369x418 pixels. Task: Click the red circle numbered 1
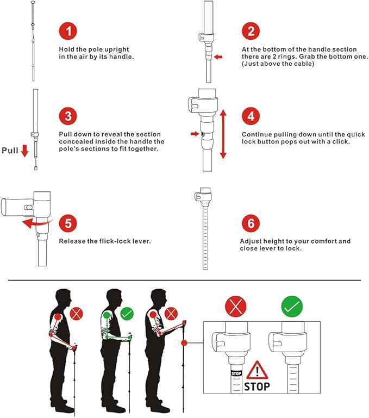click(68, 31)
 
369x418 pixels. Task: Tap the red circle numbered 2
click(251, 31)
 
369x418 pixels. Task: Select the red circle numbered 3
click(68, 116)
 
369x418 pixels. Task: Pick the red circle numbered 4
click(251, 116)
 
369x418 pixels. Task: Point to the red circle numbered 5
click(68, 223)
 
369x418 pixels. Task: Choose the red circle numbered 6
click(251, 223)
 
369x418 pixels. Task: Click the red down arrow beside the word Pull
click(25, 151)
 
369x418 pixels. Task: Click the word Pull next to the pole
click(10, 151)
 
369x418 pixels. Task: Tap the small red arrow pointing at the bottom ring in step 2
click(218, 57)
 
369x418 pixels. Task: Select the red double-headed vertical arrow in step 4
click(223, 134)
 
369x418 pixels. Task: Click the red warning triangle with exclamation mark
click(257, 370)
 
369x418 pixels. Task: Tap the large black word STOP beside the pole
click(257, 386)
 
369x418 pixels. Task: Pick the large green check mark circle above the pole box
click(292, 307)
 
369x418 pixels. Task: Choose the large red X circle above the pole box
click(236, 307)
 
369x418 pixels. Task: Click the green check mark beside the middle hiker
click(127, 314)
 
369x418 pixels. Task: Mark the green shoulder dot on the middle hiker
click(107, 315)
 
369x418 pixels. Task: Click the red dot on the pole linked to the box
click(184, 343)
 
